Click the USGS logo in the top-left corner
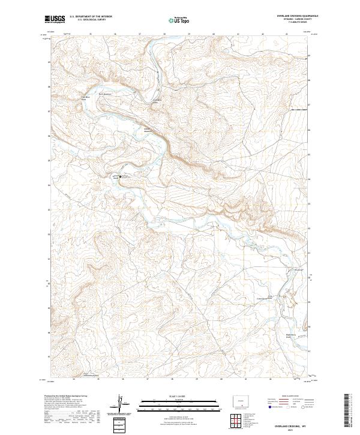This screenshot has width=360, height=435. pyautogui.click(x=55, y=19)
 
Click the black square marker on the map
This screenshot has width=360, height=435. pyautogui.click(x=120, y=177)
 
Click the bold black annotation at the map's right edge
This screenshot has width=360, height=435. pyautogui.click(x=299, y=110)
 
